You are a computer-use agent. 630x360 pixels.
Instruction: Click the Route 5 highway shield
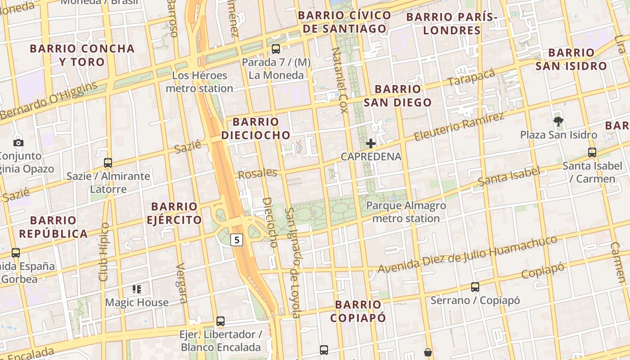(x=237, y=240)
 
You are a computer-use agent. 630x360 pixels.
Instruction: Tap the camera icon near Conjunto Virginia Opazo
(x=18, y=143)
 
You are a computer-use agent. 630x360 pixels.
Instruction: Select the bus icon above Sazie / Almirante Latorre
(x=108, y=162)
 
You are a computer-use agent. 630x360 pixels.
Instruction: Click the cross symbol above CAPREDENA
(x=371, y=144)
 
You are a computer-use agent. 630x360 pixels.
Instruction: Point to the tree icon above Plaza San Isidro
(x=558, y=121)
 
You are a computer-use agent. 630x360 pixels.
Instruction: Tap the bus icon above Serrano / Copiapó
(x=475, y=287)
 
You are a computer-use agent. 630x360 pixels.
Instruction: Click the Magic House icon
(x=137, y=289)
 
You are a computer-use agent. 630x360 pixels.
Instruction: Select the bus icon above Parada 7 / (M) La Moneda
(x=275, y=49)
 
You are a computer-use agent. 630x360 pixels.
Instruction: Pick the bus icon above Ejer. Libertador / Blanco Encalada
(x=220, y=321)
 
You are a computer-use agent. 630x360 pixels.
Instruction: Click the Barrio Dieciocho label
(x=256, y=128)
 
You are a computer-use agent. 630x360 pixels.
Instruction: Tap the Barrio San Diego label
(x=397, y=95)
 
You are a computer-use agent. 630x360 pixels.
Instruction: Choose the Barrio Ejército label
(x=174, y=213)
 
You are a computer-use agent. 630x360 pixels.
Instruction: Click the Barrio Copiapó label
(x=358, y=311)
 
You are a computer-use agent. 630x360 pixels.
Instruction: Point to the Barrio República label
(x=53, y=227)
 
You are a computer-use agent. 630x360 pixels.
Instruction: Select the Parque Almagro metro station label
(x=406, y=212)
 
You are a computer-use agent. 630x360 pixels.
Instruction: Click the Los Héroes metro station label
(x=199, y=82)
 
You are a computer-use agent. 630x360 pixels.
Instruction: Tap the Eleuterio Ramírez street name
(x=459, y=127)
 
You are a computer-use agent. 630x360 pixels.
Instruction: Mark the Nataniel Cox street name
(x=340, y=80)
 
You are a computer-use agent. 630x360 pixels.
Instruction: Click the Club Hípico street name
(x=104, y=252)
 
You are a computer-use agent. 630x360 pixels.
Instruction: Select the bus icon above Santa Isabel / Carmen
(x=592, y=153)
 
